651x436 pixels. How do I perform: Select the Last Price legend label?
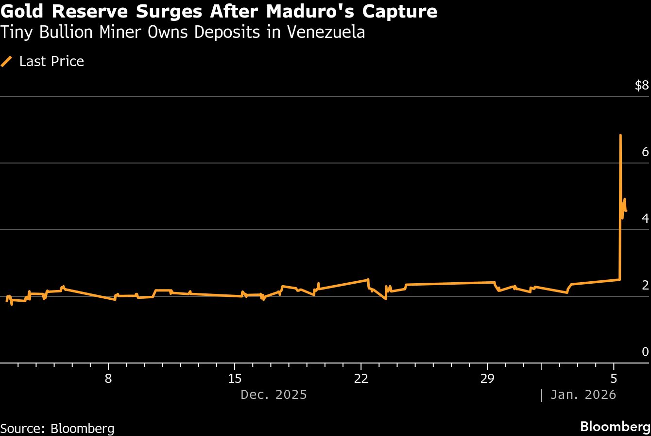51,61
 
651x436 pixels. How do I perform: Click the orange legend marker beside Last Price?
7,61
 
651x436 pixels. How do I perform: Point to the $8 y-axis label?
641,86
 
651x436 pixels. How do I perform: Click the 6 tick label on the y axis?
645,152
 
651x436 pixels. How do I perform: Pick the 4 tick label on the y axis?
645,218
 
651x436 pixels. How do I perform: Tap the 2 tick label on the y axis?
645,285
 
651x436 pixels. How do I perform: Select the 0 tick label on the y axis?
645,352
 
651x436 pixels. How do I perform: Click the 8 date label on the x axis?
108,379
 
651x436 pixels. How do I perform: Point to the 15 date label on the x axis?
235,379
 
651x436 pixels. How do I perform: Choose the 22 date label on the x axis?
361,379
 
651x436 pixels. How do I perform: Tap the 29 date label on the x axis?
487,379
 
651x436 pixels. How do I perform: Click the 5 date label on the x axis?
614,379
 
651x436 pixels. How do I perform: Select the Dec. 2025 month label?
274,394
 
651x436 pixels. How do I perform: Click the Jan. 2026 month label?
583,394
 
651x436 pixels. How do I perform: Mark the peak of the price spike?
620,135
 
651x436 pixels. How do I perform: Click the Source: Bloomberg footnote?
57,428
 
